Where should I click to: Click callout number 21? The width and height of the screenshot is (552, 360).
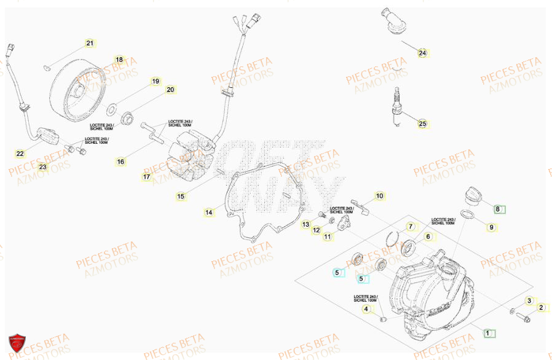[x=90, y=43]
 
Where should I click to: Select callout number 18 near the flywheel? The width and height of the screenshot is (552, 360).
[x=119, y=60]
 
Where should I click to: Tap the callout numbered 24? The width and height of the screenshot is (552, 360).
[x=422, y=53]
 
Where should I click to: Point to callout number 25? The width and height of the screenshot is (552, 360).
[x=422, y=124]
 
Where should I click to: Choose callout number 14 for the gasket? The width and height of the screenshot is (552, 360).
[x=209, y=213]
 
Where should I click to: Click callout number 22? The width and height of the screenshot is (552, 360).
[x=20, y=153]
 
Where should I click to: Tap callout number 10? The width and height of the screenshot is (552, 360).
[x=379, y=196]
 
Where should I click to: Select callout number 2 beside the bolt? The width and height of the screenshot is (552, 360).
[x=541, y=308]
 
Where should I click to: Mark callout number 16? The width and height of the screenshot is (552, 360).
[x=120, y=162]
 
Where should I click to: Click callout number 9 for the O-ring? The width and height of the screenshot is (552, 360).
[x=491, y=228]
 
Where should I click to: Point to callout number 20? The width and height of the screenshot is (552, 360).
[x=170, y=90]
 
